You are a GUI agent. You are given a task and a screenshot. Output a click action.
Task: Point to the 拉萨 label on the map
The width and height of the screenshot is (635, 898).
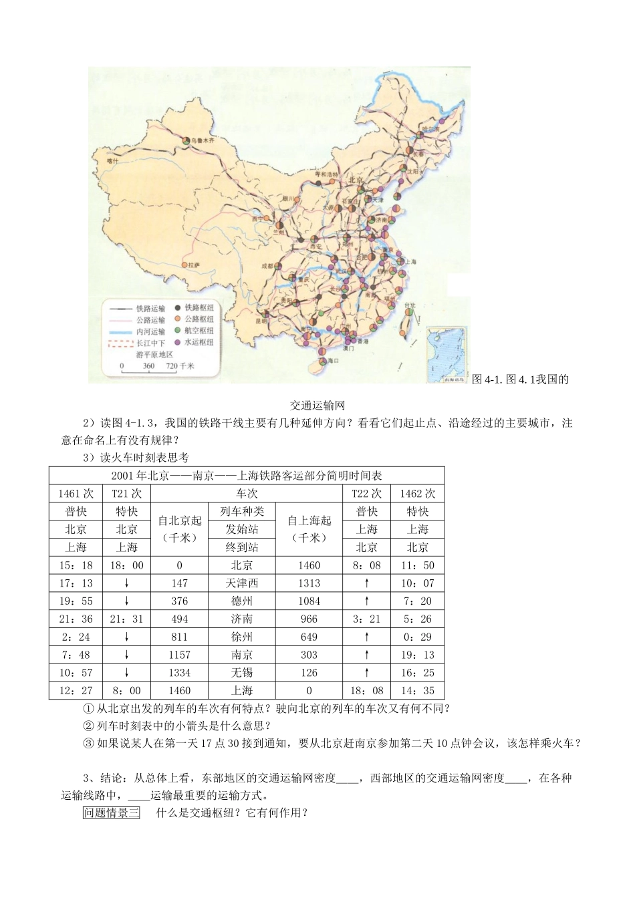click(193, 265)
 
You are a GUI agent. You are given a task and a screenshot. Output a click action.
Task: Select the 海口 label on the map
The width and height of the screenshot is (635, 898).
click(332, 361)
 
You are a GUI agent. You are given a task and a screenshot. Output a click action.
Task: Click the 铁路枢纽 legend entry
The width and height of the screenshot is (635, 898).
click(199, 308)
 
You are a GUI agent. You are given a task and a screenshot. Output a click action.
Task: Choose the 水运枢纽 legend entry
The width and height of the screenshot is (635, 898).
click(199, 341)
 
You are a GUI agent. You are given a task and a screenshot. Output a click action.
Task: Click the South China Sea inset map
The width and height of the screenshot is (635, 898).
click(447, 354)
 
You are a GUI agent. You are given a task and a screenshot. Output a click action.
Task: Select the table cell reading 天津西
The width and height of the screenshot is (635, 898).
click(242, 583)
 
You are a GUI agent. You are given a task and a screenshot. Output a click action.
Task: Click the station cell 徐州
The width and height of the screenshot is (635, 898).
click(242, 637)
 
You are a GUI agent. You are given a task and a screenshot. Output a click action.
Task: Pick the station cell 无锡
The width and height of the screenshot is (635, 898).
click(242, 673)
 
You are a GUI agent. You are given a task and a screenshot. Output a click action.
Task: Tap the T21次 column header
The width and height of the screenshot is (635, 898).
click(126, 494)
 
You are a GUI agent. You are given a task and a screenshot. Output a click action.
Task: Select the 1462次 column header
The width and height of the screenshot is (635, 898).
click(417, 494)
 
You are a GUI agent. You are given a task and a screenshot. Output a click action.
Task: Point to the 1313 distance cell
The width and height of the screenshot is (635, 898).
click(309, 583)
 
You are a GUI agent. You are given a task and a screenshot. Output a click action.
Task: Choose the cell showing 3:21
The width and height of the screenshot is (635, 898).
click(366, 619)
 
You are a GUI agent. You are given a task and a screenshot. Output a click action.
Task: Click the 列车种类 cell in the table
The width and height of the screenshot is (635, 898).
click(242, 512)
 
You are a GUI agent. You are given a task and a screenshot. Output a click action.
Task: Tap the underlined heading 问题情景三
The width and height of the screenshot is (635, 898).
click(111, 813)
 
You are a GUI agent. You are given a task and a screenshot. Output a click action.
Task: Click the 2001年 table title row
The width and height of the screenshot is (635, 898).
click(247, 476)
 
